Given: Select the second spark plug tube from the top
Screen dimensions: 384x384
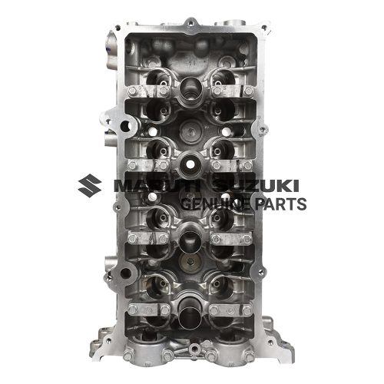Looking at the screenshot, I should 189,163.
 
